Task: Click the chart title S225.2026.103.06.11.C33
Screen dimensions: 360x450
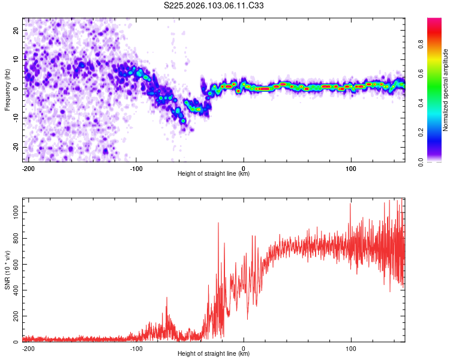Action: click(x=214, y=6)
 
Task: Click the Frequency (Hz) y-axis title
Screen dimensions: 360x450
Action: click(x=7, y=89)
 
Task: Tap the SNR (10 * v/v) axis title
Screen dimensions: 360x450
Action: click(x=7, y=269)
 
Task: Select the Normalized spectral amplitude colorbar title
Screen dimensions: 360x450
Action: click(x=446, y=90)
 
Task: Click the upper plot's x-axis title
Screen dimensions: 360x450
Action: click(x=214, y=174)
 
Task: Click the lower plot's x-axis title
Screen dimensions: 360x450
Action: click(x=214, y=354)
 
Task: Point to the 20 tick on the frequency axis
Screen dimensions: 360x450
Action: click(x=16, y=30)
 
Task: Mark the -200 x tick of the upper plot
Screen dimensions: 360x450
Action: click(x=28, y=167)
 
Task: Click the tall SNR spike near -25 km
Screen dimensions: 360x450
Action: click(x=218, y=223)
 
